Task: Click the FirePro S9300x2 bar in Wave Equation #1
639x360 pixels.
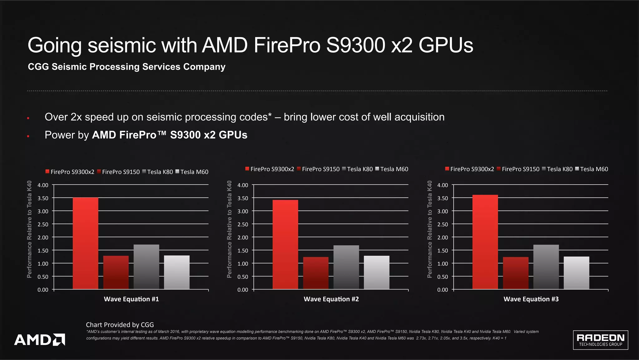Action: click(85, 244)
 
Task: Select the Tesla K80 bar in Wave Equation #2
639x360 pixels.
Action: click(346, 267)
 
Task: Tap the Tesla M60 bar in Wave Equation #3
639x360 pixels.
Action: click(576, 273)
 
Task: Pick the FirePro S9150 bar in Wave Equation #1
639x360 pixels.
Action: click(116, 273)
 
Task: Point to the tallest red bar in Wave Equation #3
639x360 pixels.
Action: click(485, 242)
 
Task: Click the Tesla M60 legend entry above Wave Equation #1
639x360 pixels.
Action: click(192, 172)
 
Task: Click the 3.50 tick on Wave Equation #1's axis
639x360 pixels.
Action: click(43, 198)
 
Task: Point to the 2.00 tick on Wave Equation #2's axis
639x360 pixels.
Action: click(243, 237)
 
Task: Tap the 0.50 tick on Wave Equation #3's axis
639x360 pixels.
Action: click(442, 277)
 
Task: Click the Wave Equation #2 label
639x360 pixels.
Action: click(331, 299)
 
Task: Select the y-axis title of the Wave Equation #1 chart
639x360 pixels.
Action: click(29, 229)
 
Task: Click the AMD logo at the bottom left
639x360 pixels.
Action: click(40, 339)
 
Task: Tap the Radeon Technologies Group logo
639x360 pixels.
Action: click(600, 340)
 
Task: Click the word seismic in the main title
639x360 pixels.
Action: click(122, 45)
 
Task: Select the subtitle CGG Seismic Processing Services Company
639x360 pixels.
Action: click(126, 67)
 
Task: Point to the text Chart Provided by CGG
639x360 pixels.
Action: click(120, 325)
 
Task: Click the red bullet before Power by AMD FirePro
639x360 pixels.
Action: click(28, 136)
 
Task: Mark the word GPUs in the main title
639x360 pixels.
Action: click(446, 45)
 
